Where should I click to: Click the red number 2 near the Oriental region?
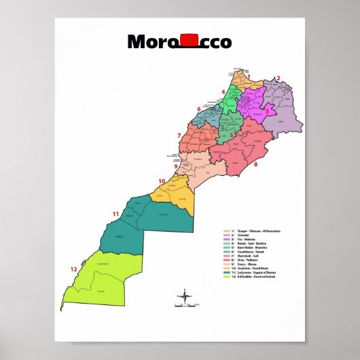(x=278, y=78)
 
